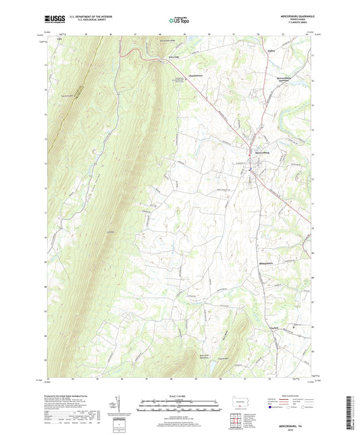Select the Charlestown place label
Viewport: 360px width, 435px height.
pos(197,75)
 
